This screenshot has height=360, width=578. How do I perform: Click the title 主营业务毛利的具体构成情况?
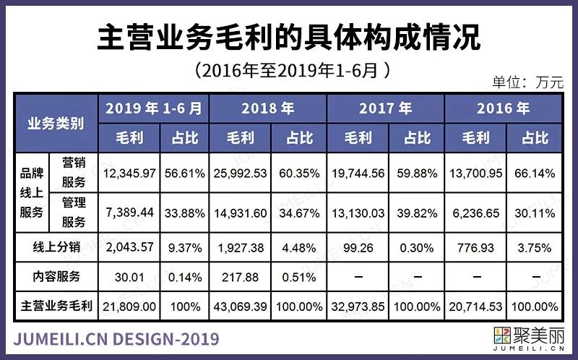point(288,38)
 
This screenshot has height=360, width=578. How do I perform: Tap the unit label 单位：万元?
point(527,82)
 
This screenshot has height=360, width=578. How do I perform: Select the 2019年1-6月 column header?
point(153,109)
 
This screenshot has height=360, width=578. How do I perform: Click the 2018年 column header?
point(268,109)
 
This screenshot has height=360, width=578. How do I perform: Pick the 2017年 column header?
point(385,109)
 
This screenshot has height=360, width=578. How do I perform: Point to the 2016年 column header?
point(503,109)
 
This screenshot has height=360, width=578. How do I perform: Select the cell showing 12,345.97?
point(131,173)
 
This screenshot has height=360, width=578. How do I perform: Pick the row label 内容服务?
point(56,276)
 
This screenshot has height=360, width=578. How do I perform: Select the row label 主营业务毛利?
point(56,307)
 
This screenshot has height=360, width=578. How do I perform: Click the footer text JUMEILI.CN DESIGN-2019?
point(116,339)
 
